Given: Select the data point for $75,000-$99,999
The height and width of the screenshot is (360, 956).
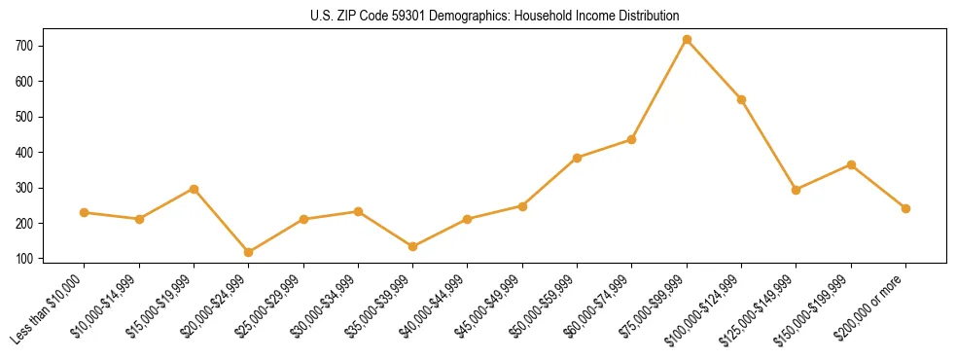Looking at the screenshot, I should coord(687,40).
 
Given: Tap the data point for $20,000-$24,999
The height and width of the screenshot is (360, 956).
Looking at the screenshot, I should coord(249,252).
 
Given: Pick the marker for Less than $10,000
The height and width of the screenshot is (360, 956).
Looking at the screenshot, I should coord(85,212).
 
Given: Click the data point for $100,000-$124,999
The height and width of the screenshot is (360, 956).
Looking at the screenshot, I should coord(741,99).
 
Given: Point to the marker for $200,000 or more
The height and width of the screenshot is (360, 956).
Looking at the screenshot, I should coord(905,208).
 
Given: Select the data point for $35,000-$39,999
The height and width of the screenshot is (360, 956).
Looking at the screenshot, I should coord(412,246).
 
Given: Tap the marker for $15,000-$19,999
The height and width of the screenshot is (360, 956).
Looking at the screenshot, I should coord(194,189).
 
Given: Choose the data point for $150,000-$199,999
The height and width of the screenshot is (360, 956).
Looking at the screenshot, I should coord(851,164).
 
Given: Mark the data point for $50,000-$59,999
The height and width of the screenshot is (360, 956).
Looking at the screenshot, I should coord(577,158).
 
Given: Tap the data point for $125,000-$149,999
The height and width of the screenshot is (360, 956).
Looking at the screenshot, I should coord(796,190).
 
